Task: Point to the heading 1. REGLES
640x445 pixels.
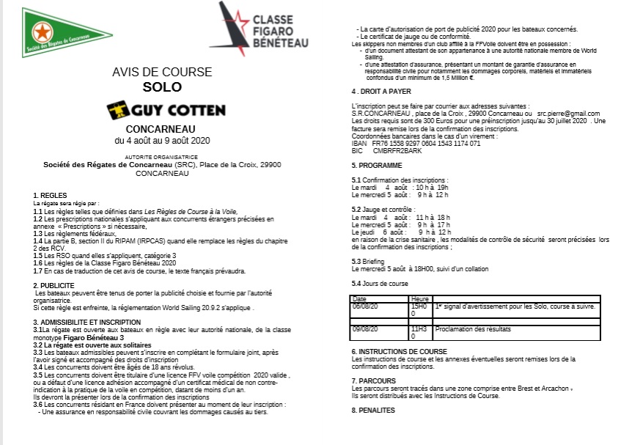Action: (51, 195)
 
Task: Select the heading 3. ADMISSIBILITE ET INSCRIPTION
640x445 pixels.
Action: (98, 322)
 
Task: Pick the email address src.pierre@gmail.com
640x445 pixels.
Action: (568, 114)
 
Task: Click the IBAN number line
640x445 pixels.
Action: (416, 144)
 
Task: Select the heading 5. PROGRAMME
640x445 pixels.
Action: (379, 166)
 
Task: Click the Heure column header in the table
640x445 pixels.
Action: (420, 299)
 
